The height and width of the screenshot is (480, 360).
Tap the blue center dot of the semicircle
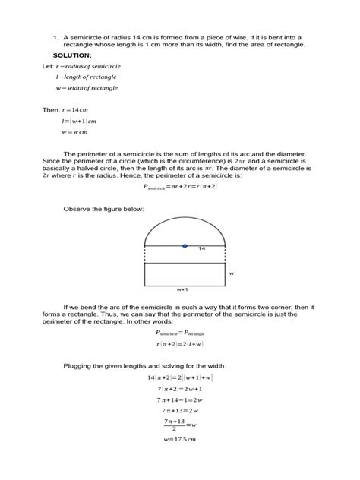pyautogui.click(x=185, y=245)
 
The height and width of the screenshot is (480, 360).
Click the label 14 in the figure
pyautogui.click(x=202, y=249)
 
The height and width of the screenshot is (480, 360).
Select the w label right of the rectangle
pyautogui.click(x=232, y=273)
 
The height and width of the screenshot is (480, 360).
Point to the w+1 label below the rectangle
pyautogui.click(x=182, y=289)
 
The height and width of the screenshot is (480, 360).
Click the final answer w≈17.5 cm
pyautogui.click(x=180, y=440)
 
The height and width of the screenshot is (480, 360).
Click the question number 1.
pyautogui.click(x=55, y=36)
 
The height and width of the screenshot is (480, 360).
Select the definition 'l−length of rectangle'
pyautogui.click(x=86, y=77)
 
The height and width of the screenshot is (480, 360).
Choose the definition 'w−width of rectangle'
pyautogui.click(x=86, y=88)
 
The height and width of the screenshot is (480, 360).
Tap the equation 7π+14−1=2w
pyautogui.click(x=180, y=399)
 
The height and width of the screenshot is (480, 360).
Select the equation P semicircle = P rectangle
pyautogui.click(x=180, y=333)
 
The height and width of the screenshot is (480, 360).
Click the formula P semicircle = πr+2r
pyautogui.click(x=180, y=186)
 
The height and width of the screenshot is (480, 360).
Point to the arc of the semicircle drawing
pyautogui.click(x=185, y=221)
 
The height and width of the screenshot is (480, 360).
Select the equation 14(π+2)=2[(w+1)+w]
pyautogui.click(x=180, y=377)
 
